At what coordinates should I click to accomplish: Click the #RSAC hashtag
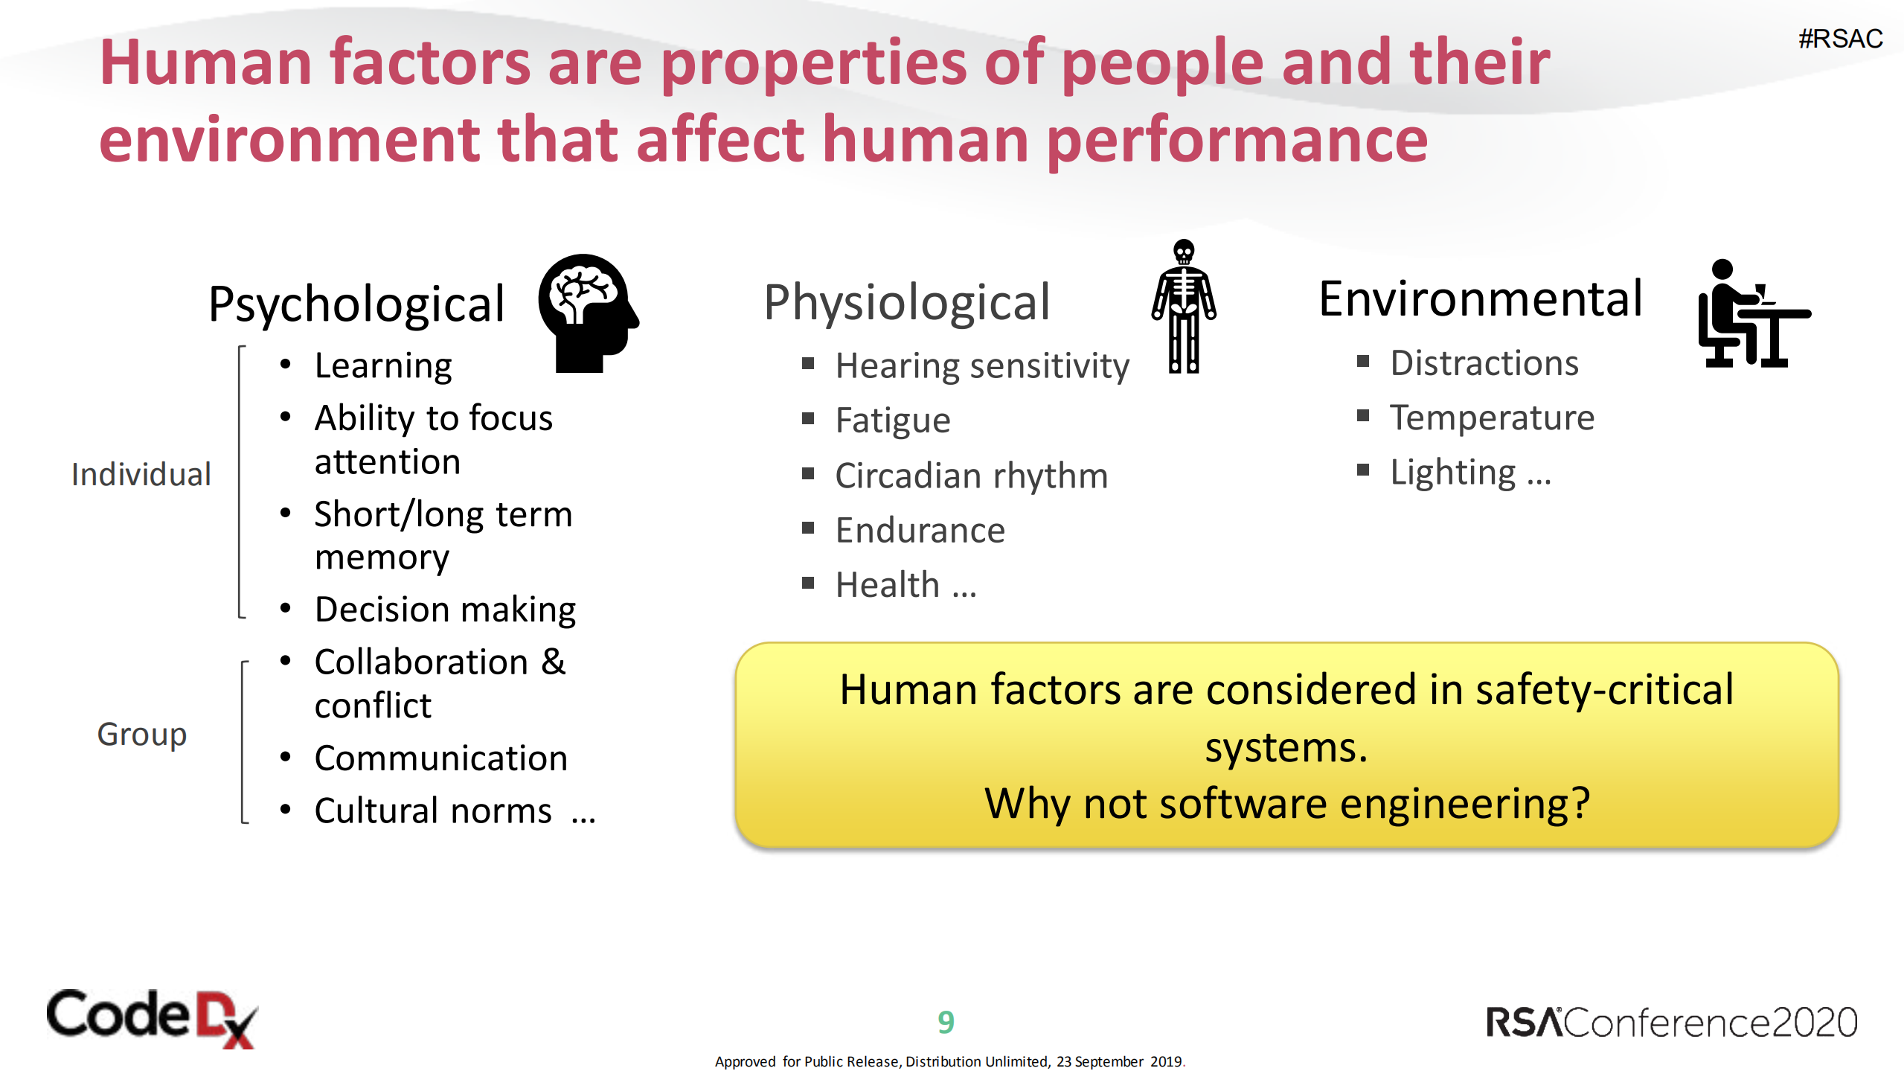(x=1840, y=39)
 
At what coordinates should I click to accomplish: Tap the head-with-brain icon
(x=587, y=313)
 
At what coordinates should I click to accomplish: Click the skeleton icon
(x=1183, y=307)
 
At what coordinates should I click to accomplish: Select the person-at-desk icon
(x=1751, y=314)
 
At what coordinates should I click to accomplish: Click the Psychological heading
(x=356, y=304)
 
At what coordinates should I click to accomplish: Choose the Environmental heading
(x=1480, y=299)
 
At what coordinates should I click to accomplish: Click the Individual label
(x=141, y=474)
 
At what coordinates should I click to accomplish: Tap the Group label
(x=141, y=734)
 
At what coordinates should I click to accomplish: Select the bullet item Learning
(x=382, y=365)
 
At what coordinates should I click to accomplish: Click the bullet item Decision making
(x=445, y=610)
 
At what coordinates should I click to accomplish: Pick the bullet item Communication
(x=440, y=758)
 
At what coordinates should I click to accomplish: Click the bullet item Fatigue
(x=892, y=421)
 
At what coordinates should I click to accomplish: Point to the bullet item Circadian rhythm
(x=971, y=476)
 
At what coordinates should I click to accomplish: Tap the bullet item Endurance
(x=920, y=530)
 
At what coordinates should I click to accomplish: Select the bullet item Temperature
(x=1492, y=418)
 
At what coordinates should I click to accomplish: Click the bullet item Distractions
(x=1484, y=363)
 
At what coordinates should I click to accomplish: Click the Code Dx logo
(x=152, y=1018)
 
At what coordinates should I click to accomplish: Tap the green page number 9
(x=946, y=1022)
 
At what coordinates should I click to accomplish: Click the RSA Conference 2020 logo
(x=1671, y=1023)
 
